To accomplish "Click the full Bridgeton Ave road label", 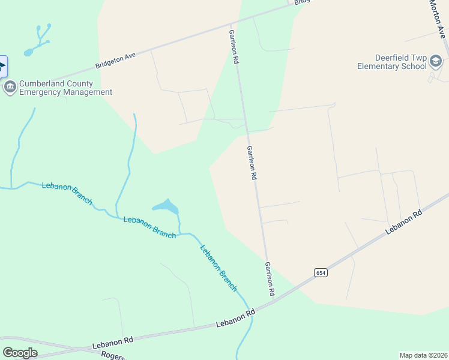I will coord(116,60).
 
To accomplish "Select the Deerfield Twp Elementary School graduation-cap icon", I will coord(435,61).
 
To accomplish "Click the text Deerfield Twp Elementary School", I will coord(392,62).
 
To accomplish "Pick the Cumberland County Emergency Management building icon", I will coord(10,88).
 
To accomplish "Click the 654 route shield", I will coord(321,272).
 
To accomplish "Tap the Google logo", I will coord(20,353).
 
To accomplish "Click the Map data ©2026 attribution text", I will coord(423,355).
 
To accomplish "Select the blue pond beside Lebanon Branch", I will coord(166,207).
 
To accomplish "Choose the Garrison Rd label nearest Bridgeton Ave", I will coord(234,47).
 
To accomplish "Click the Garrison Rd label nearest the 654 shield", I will coord(270,278).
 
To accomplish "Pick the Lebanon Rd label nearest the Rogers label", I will coord(112,343).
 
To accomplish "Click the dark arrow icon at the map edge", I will coord(2,66).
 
